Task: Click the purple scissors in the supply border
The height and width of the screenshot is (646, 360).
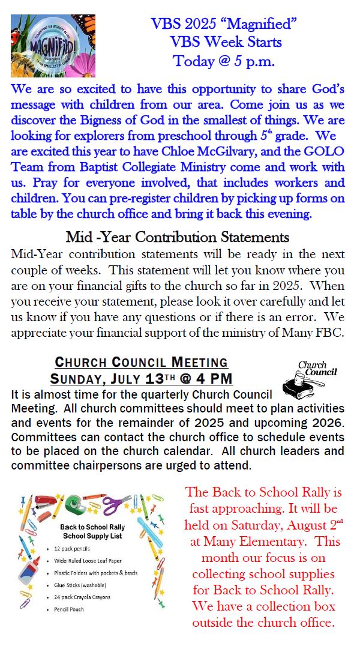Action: [x=115, y=504]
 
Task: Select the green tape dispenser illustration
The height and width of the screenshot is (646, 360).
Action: [x=76, y=504]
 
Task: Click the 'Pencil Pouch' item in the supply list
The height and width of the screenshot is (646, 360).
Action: [x=68, y=609]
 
